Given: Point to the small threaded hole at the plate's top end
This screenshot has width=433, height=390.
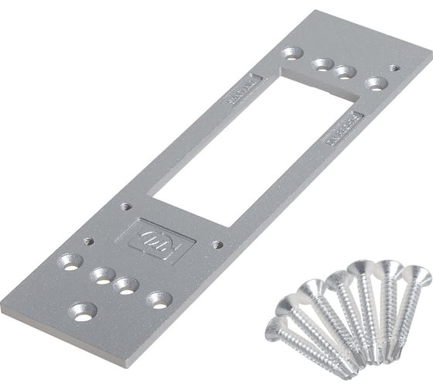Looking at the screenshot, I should click(x=395, y=68).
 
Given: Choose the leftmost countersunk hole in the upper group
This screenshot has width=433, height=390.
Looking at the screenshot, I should click(x=292, y=54).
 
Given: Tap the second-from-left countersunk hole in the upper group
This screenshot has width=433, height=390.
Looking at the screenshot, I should click(x=322, y=64).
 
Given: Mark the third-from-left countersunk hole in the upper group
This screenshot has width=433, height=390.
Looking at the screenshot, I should click(x=346, y=72).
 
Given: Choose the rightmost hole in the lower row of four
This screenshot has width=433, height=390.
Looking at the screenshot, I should click(x=159, y=299).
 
